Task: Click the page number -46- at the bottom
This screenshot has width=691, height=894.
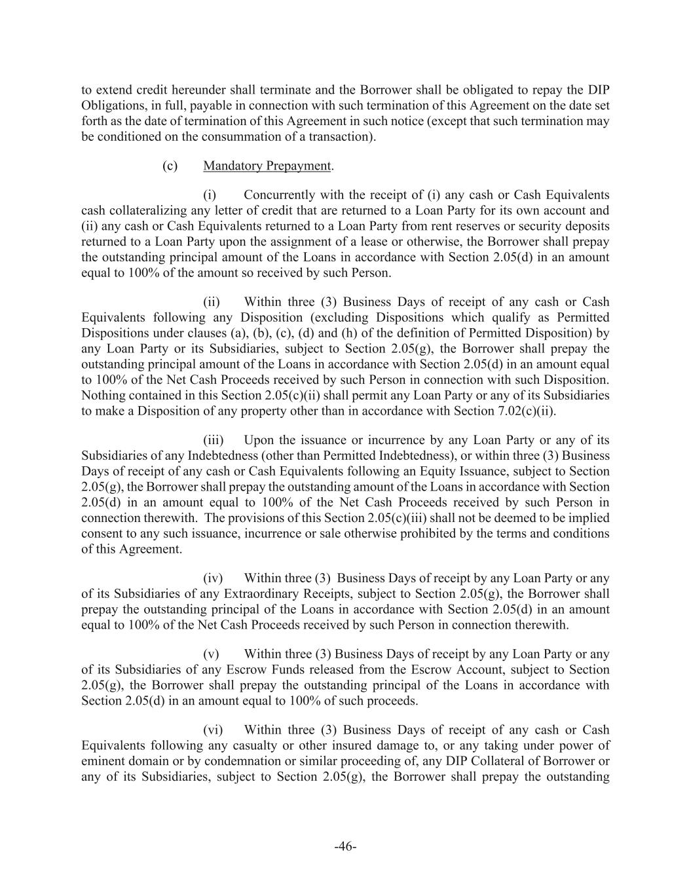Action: (345, 847)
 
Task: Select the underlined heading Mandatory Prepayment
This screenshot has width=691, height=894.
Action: (267, 166)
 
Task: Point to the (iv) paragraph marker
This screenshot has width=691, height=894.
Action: (213, 578)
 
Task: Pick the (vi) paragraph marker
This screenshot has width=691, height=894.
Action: (213, 730)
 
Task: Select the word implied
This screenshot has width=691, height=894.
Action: (588, 518)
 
